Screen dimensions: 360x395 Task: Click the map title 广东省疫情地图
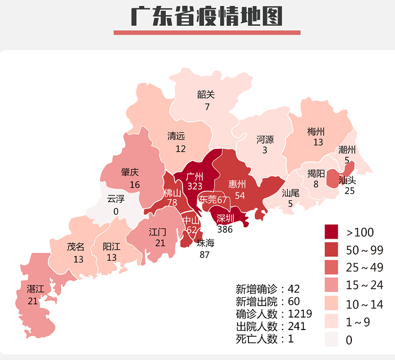click(206, 16)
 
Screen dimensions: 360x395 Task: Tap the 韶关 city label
click(206, 94)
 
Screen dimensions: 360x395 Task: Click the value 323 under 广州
click(195, 187)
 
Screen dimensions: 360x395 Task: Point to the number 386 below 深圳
click(225, 229)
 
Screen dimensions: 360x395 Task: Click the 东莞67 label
click(213, 200)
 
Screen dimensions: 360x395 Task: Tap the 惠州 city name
click(238, 184)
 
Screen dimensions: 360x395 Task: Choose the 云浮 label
click(116, 199)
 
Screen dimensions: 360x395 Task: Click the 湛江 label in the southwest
click(35, 289)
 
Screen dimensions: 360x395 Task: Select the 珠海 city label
click(205, 243)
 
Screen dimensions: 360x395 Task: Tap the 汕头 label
click(348, 179)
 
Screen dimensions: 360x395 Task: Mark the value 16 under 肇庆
click(135, 185)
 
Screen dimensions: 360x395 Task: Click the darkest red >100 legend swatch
click(332, 232)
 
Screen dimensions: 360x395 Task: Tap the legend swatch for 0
click(332, 340)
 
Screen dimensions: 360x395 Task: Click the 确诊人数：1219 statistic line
click(271, 314)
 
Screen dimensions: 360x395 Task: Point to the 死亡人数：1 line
click(264, 339)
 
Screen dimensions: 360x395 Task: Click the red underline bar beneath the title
click(206, 33)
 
